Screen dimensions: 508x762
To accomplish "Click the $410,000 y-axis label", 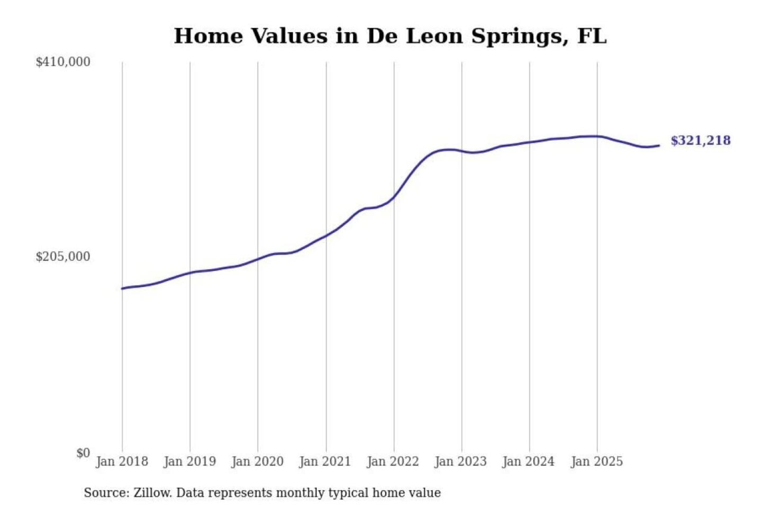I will point(63,62).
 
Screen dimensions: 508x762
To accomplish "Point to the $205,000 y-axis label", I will point(63,257).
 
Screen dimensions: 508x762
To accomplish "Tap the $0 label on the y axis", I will point(83,453).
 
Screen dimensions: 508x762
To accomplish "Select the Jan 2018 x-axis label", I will point(122,461).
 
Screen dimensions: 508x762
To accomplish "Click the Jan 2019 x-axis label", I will point(189,461).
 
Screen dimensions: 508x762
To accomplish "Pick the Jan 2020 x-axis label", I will point(257,461).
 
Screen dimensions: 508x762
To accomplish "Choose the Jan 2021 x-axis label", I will point(325,461).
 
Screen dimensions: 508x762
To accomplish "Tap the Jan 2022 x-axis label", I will point(393,461).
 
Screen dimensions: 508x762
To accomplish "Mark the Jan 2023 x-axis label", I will point(460,461).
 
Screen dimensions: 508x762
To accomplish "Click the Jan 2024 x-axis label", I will point(528,461).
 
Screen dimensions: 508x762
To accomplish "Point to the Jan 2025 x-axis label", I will point(596,461).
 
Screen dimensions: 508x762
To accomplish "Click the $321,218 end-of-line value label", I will point(701,141).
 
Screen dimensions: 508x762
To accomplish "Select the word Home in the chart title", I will point(208,36).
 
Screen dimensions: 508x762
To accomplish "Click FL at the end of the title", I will point(592,36).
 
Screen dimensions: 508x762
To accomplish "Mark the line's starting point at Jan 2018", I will point(122,288).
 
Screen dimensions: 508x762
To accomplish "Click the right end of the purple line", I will point(659,146).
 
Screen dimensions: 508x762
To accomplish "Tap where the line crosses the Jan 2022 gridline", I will point(394,197).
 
